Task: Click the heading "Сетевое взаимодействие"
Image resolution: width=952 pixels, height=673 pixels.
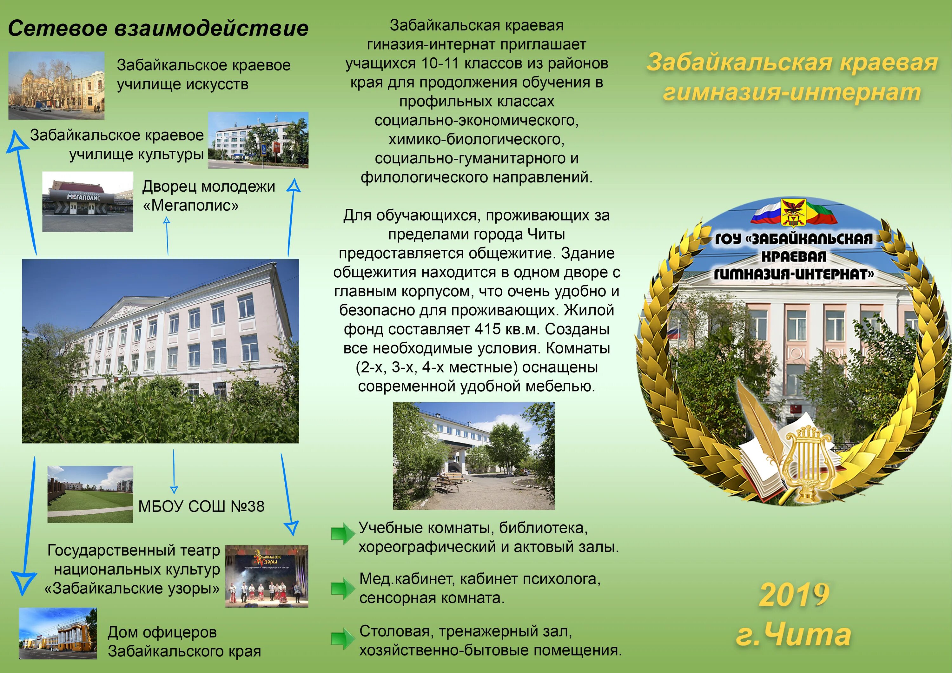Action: pyautogui.click(x=158, y=28)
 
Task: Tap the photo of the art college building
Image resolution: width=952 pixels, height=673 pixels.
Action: pyautogui.click(x=56, y=85)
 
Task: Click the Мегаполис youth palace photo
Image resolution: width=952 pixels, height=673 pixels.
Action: pyautogui.click(x=88, y=201)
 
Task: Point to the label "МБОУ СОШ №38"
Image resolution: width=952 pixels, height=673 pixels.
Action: pyautogui.click(x=201, y=506)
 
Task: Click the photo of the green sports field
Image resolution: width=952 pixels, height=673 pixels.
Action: pyautogui.click(x=90, y=494)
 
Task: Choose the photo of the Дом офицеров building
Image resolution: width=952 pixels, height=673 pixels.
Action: pyautogui.click(x=58, y=633)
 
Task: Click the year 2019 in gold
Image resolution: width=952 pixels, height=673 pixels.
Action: pyautogui.click(x=794, y=595)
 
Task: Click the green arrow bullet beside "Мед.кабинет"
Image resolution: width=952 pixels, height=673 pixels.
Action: pyautogui.click(x=342, y=588)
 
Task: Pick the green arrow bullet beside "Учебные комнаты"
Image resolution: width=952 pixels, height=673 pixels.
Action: pyautogui.click(x=342, y=534)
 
